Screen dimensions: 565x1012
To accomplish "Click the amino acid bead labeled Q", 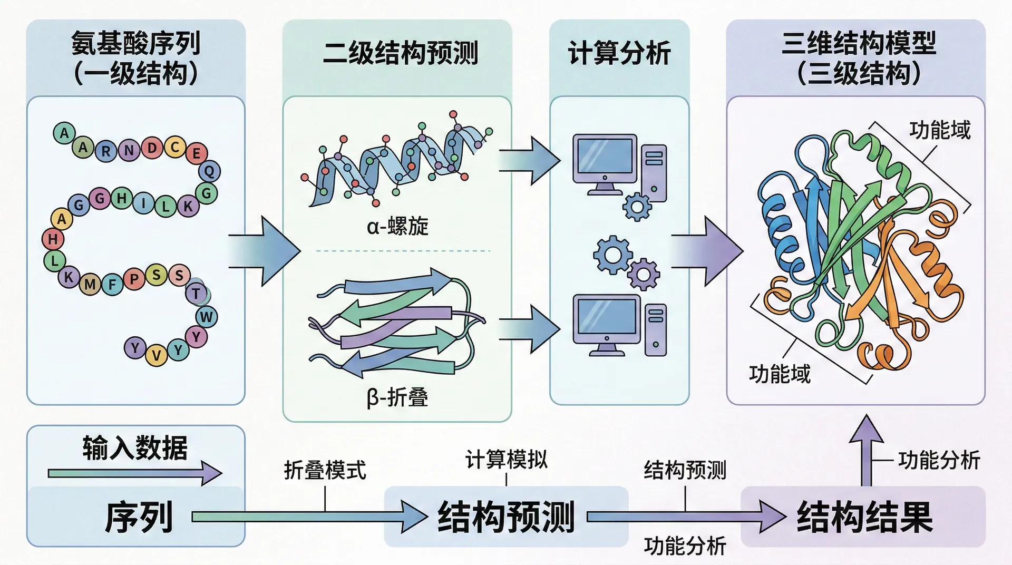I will pos(209,171).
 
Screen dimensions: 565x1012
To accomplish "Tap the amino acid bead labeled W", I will pos(206,317).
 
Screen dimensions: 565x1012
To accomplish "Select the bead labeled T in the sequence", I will pos(197,293).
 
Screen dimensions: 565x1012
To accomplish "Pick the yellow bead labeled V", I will pos(156,356).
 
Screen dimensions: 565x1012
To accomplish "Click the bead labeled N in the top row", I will pos(129,150).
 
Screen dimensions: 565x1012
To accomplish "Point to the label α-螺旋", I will pos(397,227).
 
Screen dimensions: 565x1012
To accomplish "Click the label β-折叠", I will pos(397,397).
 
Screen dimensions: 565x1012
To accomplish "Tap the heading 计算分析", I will pos(619,53).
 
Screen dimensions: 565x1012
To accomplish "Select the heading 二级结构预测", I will pos(401,53).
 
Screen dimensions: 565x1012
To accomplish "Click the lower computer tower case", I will pos(655,330).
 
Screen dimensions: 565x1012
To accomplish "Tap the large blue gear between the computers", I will pos(612,255).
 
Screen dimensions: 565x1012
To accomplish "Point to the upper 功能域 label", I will pos(939,130).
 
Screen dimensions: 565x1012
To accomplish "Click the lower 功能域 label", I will pos(779,374).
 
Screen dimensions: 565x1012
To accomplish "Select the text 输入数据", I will pos(135,448).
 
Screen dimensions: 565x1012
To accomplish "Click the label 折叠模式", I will pos(325,470).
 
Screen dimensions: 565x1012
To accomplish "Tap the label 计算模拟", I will pos(506,460).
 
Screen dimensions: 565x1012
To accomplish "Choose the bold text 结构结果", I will pos(864,517).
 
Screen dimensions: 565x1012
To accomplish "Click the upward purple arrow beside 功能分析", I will pos(866,448).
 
